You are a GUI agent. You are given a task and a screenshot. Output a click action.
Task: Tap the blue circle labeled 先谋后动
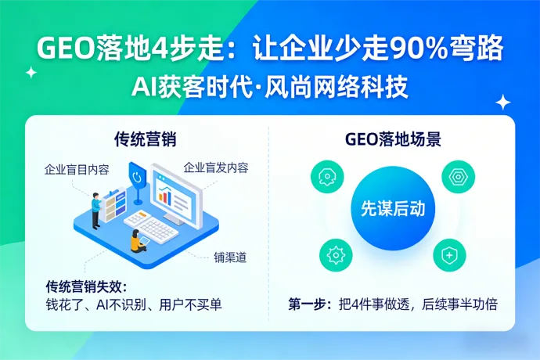coord(392,209)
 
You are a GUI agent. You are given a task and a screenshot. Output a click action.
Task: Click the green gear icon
coord(336,255)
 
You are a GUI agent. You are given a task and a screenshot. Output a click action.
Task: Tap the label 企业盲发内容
coord(215,167)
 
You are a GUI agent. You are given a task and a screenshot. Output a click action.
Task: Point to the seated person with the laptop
coord(137,240)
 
